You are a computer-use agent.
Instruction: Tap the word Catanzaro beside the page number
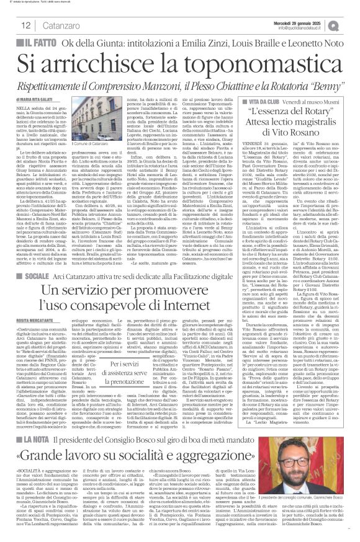(x=58, y=25)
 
